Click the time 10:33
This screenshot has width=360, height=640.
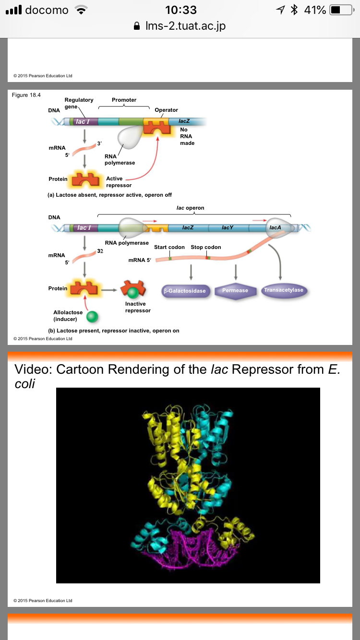[180, 10]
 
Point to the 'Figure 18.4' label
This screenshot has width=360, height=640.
[26, 95]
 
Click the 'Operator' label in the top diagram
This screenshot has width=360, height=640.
[166, 110]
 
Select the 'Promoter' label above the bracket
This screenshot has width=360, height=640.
[124, 100]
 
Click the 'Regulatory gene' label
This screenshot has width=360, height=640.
[79, 103]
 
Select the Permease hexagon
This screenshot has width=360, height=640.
[235, 291]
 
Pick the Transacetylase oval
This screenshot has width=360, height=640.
[284, 291]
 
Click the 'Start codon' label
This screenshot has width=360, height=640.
[169, 247]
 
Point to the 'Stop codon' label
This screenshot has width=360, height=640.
[206, 247]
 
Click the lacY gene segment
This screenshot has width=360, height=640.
[228, 227]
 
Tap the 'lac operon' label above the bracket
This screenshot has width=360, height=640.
[190, 208]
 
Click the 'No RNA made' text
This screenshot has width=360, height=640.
[186, 136]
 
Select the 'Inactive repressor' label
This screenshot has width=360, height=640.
[138, 307]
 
